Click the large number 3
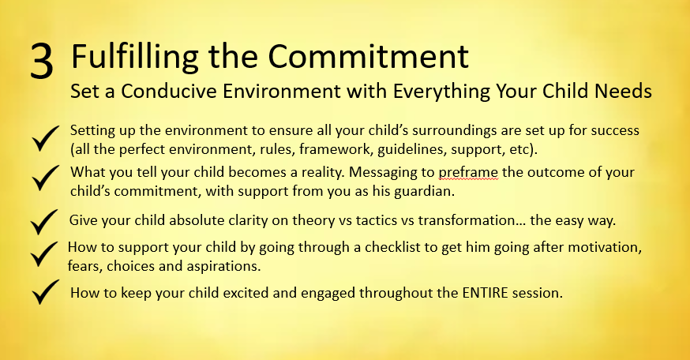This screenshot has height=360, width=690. (42, 62)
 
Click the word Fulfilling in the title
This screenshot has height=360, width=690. (135, 58)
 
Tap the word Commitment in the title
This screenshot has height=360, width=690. (368, 56)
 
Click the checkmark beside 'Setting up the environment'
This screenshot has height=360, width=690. (45, 139)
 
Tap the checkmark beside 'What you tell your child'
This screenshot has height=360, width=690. (45, 178)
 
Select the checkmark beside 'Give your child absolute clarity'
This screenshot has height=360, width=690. (44, 222)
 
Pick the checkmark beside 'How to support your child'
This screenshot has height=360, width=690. (44, 254)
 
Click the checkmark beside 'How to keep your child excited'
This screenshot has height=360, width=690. (45, 292)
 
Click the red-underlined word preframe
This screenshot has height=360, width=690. (468, 173)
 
